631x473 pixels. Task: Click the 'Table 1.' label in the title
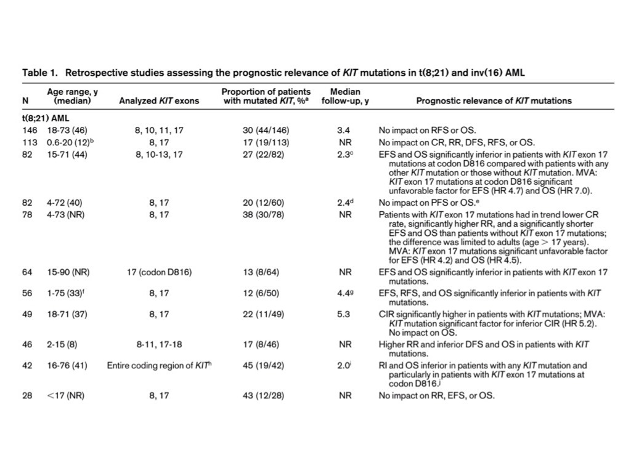(x=40, y=73)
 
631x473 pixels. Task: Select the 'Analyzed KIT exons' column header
(x=159, y=100)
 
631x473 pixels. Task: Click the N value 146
(x=29, y=131)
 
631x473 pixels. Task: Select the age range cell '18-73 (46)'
(x=68, y=131)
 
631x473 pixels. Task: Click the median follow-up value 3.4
(x=344, y=131)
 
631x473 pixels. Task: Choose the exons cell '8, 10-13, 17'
(x=159, y=154)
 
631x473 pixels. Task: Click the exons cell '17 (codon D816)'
(x=159, y=272)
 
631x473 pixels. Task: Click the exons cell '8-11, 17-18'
(x=159, y=345)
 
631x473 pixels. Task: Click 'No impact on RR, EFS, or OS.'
(x=436, y=395)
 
